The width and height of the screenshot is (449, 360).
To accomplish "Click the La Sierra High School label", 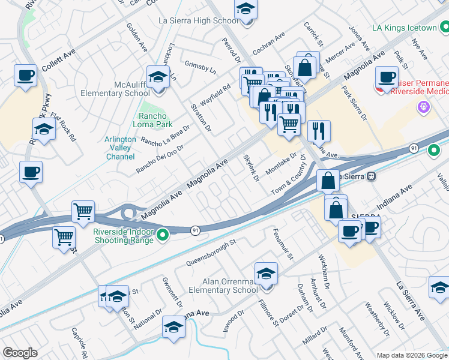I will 198,20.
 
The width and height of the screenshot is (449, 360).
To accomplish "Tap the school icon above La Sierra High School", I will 245,10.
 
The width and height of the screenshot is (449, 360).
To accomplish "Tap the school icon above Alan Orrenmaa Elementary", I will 266,274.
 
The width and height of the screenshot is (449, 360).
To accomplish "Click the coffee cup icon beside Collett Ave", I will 26,76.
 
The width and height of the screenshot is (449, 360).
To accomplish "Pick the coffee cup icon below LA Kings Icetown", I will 387,77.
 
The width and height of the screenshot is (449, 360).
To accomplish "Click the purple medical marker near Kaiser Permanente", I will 424,107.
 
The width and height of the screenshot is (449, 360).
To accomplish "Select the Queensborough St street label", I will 212,253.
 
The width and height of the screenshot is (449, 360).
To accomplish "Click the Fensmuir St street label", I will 283,244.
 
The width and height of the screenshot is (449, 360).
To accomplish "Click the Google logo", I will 20,353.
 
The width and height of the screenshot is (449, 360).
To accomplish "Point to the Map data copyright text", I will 411,355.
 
